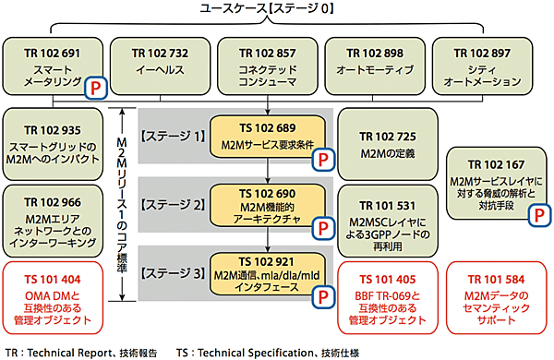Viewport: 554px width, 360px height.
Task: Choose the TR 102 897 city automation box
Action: click(483, 65)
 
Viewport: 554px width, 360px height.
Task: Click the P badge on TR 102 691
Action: click(96, 88)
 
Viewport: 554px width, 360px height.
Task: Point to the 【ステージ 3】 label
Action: click(173, 275)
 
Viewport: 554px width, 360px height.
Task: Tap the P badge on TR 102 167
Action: click(535, 214)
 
